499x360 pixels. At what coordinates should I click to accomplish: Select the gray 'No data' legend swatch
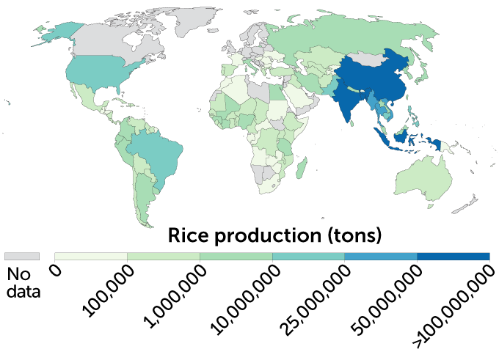(x=21, y=256)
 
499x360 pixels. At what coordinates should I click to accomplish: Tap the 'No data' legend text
(x=21, y=283)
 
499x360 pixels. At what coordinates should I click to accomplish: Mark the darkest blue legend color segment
(x=453, y=256)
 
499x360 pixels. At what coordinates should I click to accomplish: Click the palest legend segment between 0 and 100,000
(x=91, y=256)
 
